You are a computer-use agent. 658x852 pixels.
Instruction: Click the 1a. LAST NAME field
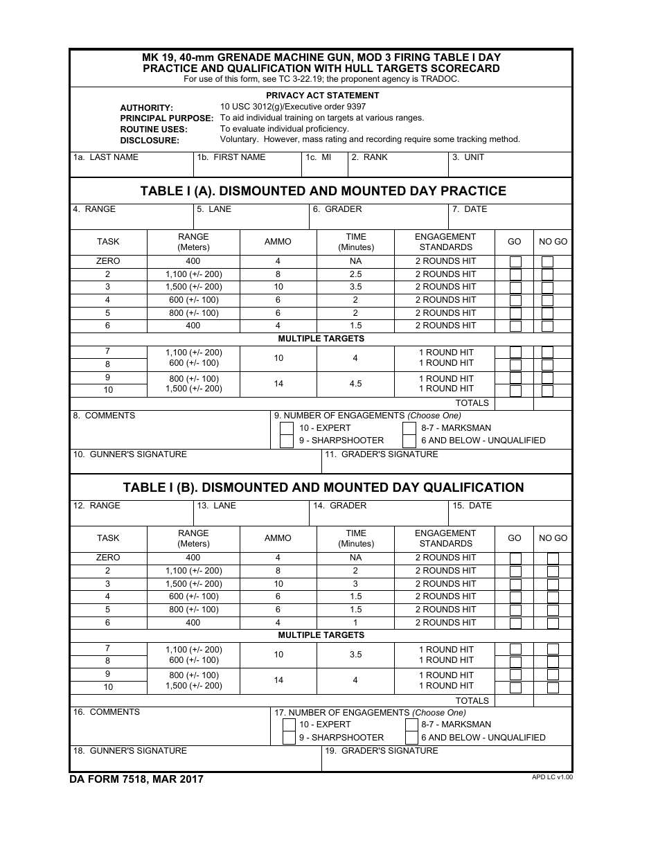pyautogui.click(x=132, y=168)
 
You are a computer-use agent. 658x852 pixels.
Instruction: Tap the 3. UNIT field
pyautogui.click(x=510, y=168)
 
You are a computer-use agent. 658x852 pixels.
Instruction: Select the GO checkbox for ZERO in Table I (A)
pyautogui.click(x=515, y=262)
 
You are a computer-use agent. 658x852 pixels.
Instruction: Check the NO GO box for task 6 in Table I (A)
pyautogui.click(x=547, y=326)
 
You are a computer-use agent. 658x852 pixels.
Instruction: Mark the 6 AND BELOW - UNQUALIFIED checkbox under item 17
pyautogui.click(x=411, y=738)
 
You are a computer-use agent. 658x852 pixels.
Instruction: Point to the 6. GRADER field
pyautogui.click(x=378, y=220)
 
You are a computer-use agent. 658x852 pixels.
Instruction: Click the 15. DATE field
pyautogui.click(x=510, y=516)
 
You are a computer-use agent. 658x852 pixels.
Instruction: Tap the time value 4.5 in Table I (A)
pyautogui.click(x=355, y=384)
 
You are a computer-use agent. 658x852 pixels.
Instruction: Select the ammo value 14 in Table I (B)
pyautogui.click(x=278, y=680)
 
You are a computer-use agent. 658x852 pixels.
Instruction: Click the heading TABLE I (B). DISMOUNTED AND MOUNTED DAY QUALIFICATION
pyautogui.click(x=323, y=488)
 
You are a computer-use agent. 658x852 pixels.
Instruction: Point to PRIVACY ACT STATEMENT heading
pyautogui.click(x=323, y=96)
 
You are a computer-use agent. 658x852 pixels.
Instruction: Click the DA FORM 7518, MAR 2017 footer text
pyautogui.click(x=136, y=779)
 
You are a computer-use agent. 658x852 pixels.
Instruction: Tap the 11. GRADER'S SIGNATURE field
pyautogui.click(x=447, y=465)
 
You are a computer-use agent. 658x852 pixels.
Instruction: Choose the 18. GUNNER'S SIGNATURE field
pyautogui.click(x=195, y=761)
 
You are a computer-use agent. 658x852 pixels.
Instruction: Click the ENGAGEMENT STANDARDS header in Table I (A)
pyautogui.click(x=445, y=242)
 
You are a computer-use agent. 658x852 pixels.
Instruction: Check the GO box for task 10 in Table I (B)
pyautogui.click(x=515, y=688)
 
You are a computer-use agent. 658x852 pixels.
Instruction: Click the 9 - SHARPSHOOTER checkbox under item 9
pyautogui.click(x=287, y=441)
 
